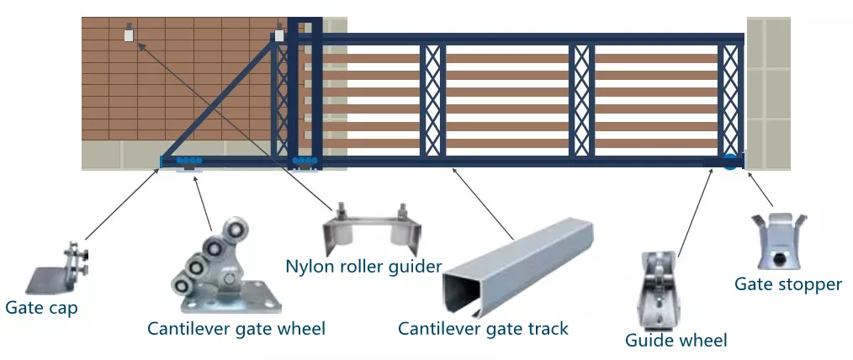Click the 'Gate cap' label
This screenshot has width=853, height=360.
point(41,308)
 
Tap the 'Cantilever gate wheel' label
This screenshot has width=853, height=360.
point(236,329)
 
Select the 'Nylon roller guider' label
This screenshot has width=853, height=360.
point(363,267)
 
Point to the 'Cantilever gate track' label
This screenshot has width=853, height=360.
point(484,329)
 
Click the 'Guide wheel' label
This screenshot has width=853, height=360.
point(676,340)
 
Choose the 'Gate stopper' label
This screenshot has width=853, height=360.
point(788,284)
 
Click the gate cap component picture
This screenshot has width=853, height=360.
point(60,269)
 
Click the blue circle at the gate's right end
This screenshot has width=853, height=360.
point(730,161)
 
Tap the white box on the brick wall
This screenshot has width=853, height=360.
point(129,35)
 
